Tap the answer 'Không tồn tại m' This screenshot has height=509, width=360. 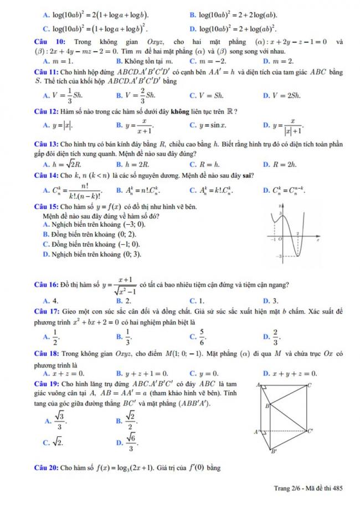click(x=146, y=61)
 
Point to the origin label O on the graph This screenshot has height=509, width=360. click(x=280, y=239)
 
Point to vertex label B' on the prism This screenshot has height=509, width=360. click(x=272, y=451)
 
